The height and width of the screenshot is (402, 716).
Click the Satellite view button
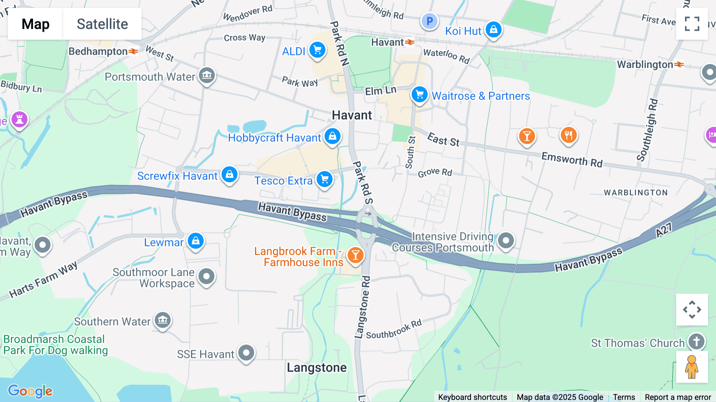point(102,24)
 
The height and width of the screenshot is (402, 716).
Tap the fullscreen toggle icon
point(692,24)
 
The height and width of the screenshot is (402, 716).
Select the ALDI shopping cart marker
point(317,50)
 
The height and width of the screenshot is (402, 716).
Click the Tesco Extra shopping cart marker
point(325,179)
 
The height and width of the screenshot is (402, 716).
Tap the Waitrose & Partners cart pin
point(419,95)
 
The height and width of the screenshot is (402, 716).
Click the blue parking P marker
point(430,21)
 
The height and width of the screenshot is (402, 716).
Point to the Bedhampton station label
point(98,51)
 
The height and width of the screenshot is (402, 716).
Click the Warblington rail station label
point(645,64)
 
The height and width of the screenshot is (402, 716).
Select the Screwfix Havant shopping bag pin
point(230,174)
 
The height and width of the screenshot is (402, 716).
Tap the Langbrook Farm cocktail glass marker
point(355,255)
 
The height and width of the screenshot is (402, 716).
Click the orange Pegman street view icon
point(692,367)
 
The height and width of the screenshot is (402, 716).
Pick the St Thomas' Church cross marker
point(696,341)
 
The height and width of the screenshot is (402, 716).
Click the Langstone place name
point(317,367)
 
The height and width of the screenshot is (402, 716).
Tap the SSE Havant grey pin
point(246,352)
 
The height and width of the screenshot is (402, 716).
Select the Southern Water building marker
point(163,320)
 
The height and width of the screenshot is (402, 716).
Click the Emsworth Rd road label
point(572,159)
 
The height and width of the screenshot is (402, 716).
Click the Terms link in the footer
point(624,397)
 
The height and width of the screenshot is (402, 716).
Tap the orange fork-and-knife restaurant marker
point(568,135)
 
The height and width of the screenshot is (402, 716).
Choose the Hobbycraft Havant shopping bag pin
point(333,136)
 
